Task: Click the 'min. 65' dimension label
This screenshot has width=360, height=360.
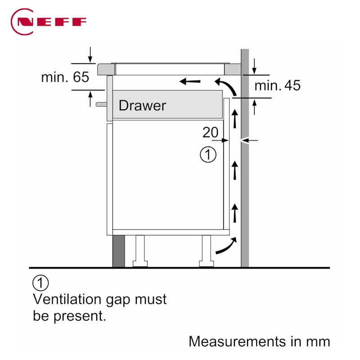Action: pyautogui.click(x=65, y=77)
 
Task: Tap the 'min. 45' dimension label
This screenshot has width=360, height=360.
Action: pyautogui.click(x=277, y=85)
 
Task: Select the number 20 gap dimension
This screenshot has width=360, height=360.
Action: pyautogui.click(x=210, y=132)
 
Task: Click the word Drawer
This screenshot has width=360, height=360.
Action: pyautogui.click(x=142, y=106)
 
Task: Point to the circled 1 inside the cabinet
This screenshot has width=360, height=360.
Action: pyautogui.click(x=208, y=155)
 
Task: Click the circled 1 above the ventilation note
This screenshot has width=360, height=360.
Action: pyautogui.click(x=40, y=283)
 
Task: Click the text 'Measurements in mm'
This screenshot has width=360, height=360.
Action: pyautogui.click(x=259, y=341)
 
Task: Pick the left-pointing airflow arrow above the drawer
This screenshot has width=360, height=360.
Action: pyautogui.click(x=189, y=81)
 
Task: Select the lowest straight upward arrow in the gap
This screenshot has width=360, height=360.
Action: pyautogui.click(x=234, y=213)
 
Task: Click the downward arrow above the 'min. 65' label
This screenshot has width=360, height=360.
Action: pyautogui.click(x=90, y=54)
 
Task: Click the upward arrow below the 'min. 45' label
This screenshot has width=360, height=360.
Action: pyautogui.click(x=255, y=107)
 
